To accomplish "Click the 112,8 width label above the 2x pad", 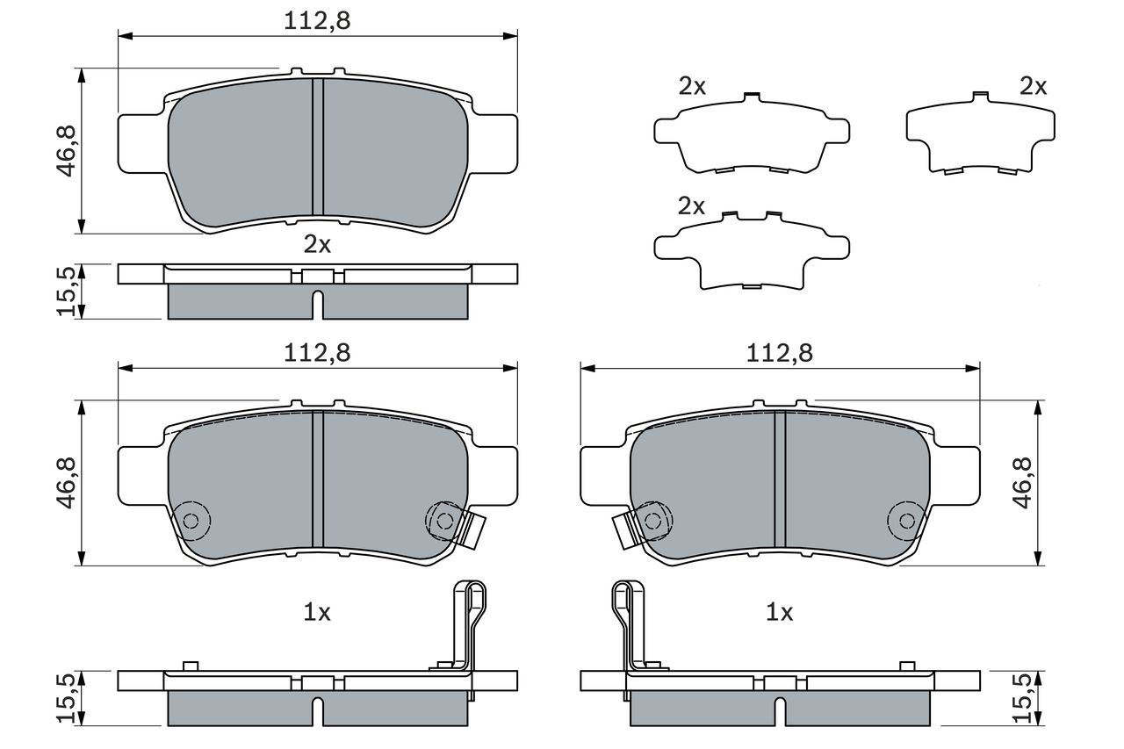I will (317, 22).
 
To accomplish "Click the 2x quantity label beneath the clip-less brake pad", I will (317, 245).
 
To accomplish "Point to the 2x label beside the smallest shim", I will (1034, 86).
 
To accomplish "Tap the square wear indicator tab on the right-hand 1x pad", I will (625, 529).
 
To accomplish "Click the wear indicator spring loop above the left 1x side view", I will (471, 606).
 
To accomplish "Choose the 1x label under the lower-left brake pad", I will (317, 613).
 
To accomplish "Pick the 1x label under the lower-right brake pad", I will (780, 613).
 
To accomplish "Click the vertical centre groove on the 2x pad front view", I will (318, 147).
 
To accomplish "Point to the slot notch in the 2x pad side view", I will (318, 303).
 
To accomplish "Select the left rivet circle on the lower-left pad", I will (190, 520).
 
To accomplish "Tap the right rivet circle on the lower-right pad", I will (905, 521).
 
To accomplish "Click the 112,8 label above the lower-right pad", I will (780, 353).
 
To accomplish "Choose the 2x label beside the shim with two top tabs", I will (692, 206).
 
